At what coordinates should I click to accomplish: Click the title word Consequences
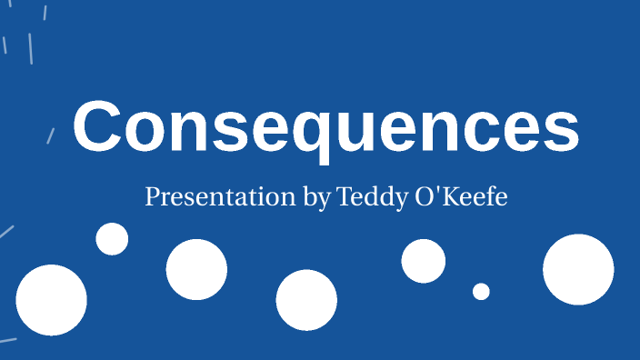(x=325, y=128)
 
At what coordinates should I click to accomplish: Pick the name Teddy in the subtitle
(x=368, y=197)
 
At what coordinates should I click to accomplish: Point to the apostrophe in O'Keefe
(x=439, y=192)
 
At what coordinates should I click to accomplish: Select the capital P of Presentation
(x=151, y=196)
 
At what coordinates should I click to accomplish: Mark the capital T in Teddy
(x=343, y=196)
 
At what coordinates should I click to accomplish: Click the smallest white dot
(x=481, y=291)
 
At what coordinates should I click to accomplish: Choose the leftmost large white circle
(x=51, y=300)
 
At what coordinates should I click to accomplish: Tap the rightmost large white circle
(x=578, y=269)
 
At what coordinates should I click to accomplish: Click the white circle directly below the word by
(x=306, y=300)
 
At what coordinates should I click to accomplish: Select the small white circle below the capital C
(x=112, y=238)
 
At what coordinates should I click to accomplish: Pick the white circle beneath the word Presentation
(x=196, y=269)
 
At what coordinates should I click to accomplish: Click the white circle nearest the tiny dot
(x=424, y=261)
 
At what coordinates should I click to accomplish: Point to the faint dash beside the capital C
(x=51, y=135)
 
